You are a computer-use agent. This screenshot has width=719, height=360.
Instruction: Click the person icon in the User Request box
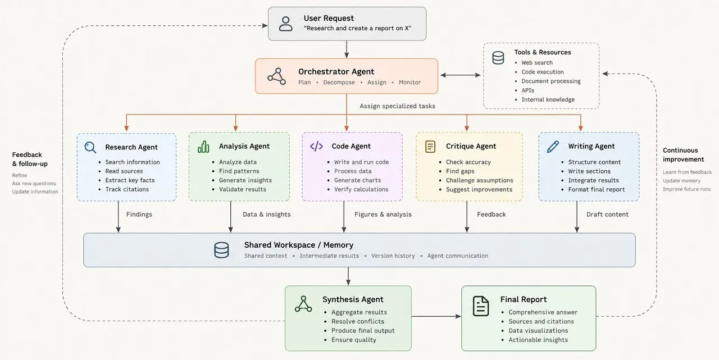tap(285, 24)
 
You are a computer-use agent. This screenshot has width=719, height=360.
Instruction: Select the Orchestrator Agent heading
tap(336, 71)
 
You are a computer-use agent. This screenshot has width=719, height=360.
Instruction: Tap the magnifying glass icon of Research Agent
tap(90, 147)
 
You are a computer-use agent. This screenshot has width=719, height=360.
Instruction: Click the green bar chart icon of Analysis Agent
tap(203, 147)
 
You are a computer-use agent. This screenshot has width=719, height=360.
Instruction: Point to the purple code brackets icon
tap(316, 147)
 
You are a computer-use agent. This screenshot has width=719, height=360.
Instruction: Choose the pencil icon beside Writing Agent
tap(553, 147)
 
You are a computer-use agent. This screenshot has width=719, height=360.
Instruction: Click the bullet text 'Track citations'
tap(127, 189)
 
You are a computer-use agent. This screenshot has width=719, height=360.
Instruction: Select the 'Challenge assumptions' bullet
tap(480, 180)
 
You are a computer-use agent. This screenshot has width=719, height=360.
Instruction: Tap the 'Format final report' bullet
tap(597, 189)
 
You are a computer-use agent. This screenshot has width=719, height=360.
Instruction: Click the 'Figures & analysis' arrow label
tap(383, 215)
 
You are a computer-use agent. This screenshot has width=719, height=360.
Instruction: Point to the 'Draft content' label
tap(607, 215)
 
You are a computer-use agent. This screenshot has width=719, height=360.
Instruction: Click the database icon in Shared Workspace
tap(221, 250)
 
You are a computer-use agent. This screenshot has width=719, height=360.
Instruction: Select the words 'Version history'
tap(393, 256)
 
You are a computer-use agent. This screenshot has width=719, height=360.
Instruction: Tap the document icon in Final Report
tap(480, 306)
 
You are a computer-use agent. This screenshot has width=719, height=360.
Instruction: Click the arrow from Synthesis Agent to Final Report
tap(436, 316)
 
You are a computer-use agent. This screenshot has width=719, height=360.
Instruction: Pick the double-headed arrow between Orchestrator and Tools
tap(461, 75)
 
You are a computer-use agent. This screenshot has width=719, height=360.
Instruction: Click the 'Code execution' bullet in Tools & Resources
tap(543, 72)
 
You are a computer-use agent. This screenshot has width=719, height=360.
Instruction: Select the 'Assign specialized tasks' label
tap(397, 106)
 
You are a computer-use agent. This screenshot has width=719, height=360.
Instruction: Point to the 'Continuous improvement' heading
tap(684, 154)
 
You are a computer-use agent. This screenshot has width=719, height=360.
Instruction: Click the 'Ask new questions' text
tap(34, 184)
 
